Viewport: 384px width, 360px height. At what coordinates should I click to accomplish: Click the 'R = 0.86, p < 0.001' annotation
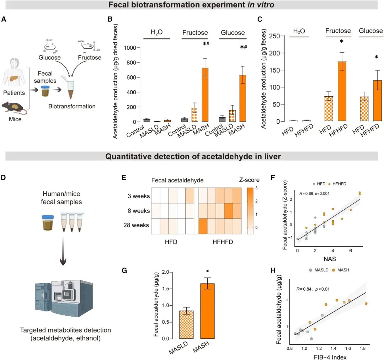315,193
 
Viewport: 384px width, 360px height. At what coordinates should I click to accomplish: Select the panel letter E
124,176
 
